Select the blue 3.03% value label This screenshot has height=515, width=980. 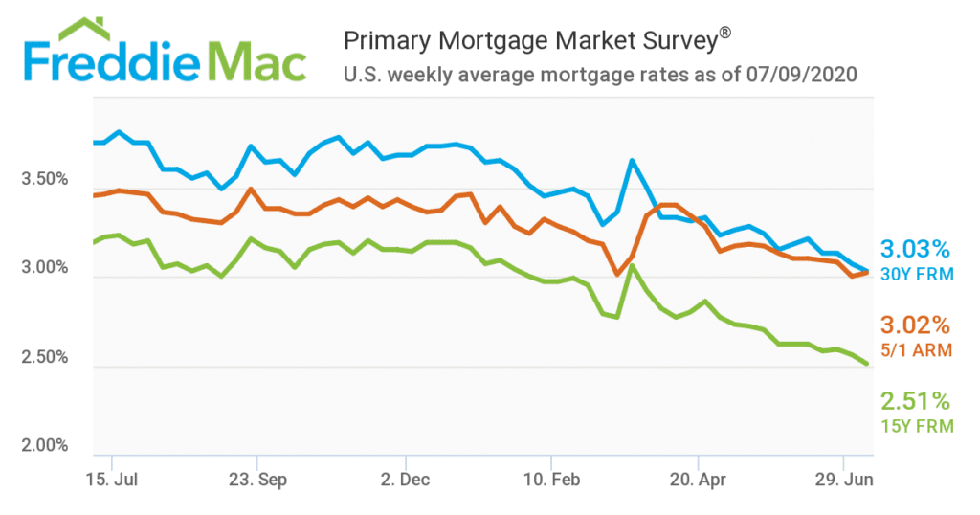[x=914, y=250]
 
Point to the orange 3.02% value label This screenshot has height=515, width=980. [x=914, y=325]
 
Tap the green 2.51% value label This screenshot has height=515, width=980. [x=914, y=400]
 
